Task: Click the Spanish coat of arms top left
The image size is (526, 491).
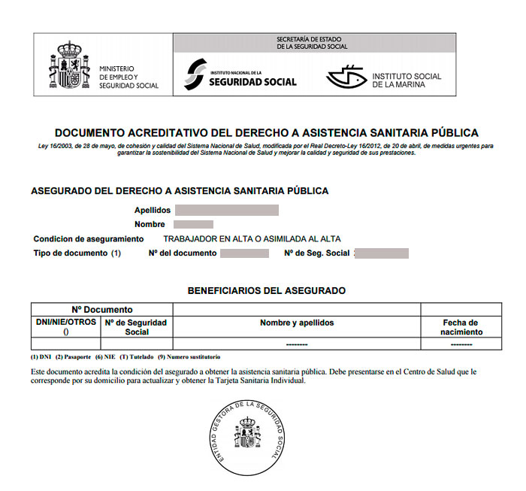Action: (69, 65)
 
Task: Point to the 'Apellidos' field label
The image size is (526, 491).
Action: (153, 211)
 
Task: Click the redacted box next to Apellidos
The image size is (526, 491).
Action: (226, 211)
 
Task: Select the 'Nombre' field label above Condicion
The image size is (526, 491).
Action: (150, 225)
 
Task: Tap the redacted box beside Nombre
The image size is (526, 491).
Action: (193, 225)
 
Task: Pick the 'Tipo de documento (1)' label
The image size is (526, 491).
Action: (77, 253)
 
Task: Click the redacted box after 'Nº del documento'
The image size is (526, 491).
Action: (243, 253)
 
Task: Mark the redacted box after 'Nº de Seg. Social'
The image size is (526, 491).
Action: (381, 253)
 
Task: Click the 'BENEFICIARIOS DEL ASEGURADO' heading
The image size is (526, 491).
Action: (266, 290)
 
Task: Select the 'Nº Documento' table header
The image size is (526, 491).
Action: (102, 309)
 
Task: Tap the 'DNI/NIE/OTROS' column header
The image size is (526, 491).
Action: (66, 323)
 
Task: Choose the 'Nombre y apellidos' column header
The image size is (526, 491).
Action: (297, 323)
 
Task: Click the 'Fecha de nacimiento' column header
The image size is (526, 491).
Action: (461, 327)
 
